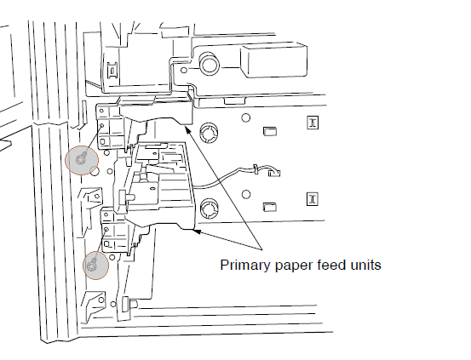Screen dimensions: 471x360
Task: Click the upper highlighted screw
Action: (x=82, y=158)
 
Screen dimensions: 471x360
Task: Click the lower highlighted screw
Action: (x=92, y=266)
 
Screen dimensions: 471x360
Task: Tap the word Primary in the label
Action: (x=244, y=266)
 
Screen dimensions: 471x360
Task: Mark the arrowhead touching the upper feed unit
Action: (x=187, y=129)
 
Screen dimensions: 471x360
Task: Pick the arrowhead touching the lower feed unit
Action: (x=197, y=231)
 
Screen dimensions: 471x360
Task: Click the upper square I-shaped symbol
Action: (x=313, y=123)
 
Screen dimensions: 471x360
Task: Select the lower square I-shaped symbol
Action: (x=313, y=199)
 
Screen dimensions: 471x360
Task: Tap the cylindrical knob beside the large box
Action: (x=209, y=64)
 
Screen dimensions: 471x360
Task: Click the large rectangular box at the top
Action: (x=274, y=60)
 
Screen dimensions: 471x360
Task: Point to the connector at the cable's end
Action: (x=274, y=173)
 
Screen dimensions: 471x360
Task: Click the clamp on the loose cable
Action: (x=256, y=169)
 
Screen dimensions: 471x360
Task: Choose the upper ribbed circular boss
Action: (x=209, y=132)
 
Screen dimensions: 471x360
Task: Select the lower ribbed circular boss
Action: (x=209, y=208)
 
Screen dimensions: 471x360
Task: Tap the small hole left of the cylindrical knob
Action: (x=183, y=71)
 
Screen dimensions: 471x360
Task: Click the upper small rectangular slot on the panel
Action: (x=270, y=131)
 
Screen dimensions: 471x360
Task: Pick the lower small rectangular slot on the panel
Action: (x=270, y=207)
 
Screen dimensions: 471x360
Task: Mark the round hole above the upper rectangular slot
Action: (x=245, y=117)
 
